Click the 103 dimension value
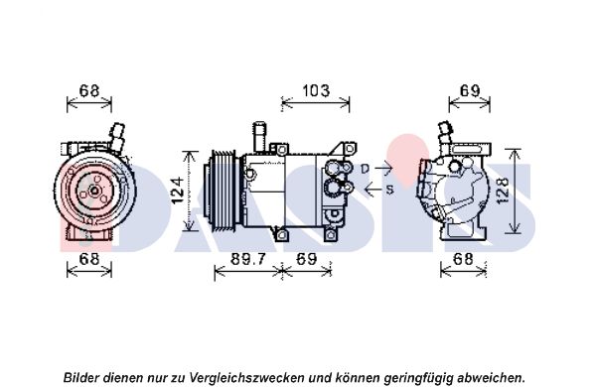click(316, 91)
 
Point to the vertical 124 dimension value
click(178, 191)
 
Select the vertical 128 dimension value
click(502, 192)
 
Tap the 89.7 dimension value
click(248, 259)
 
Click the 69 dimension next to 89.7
click(306, 259)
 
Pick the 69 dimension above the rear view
click(470, 90)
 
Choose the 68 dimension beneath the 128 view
click(463, 259)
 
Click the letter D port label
click(365, 169)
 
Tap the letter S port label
click(389, 190)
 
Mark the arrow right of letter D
click(383, 167)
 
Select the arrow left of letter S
click(372, 189)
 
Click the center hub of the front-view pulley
click(94, 191)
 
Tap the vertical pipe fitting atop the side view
click(260, 137)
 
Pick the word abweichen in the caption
click(490, 377)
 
